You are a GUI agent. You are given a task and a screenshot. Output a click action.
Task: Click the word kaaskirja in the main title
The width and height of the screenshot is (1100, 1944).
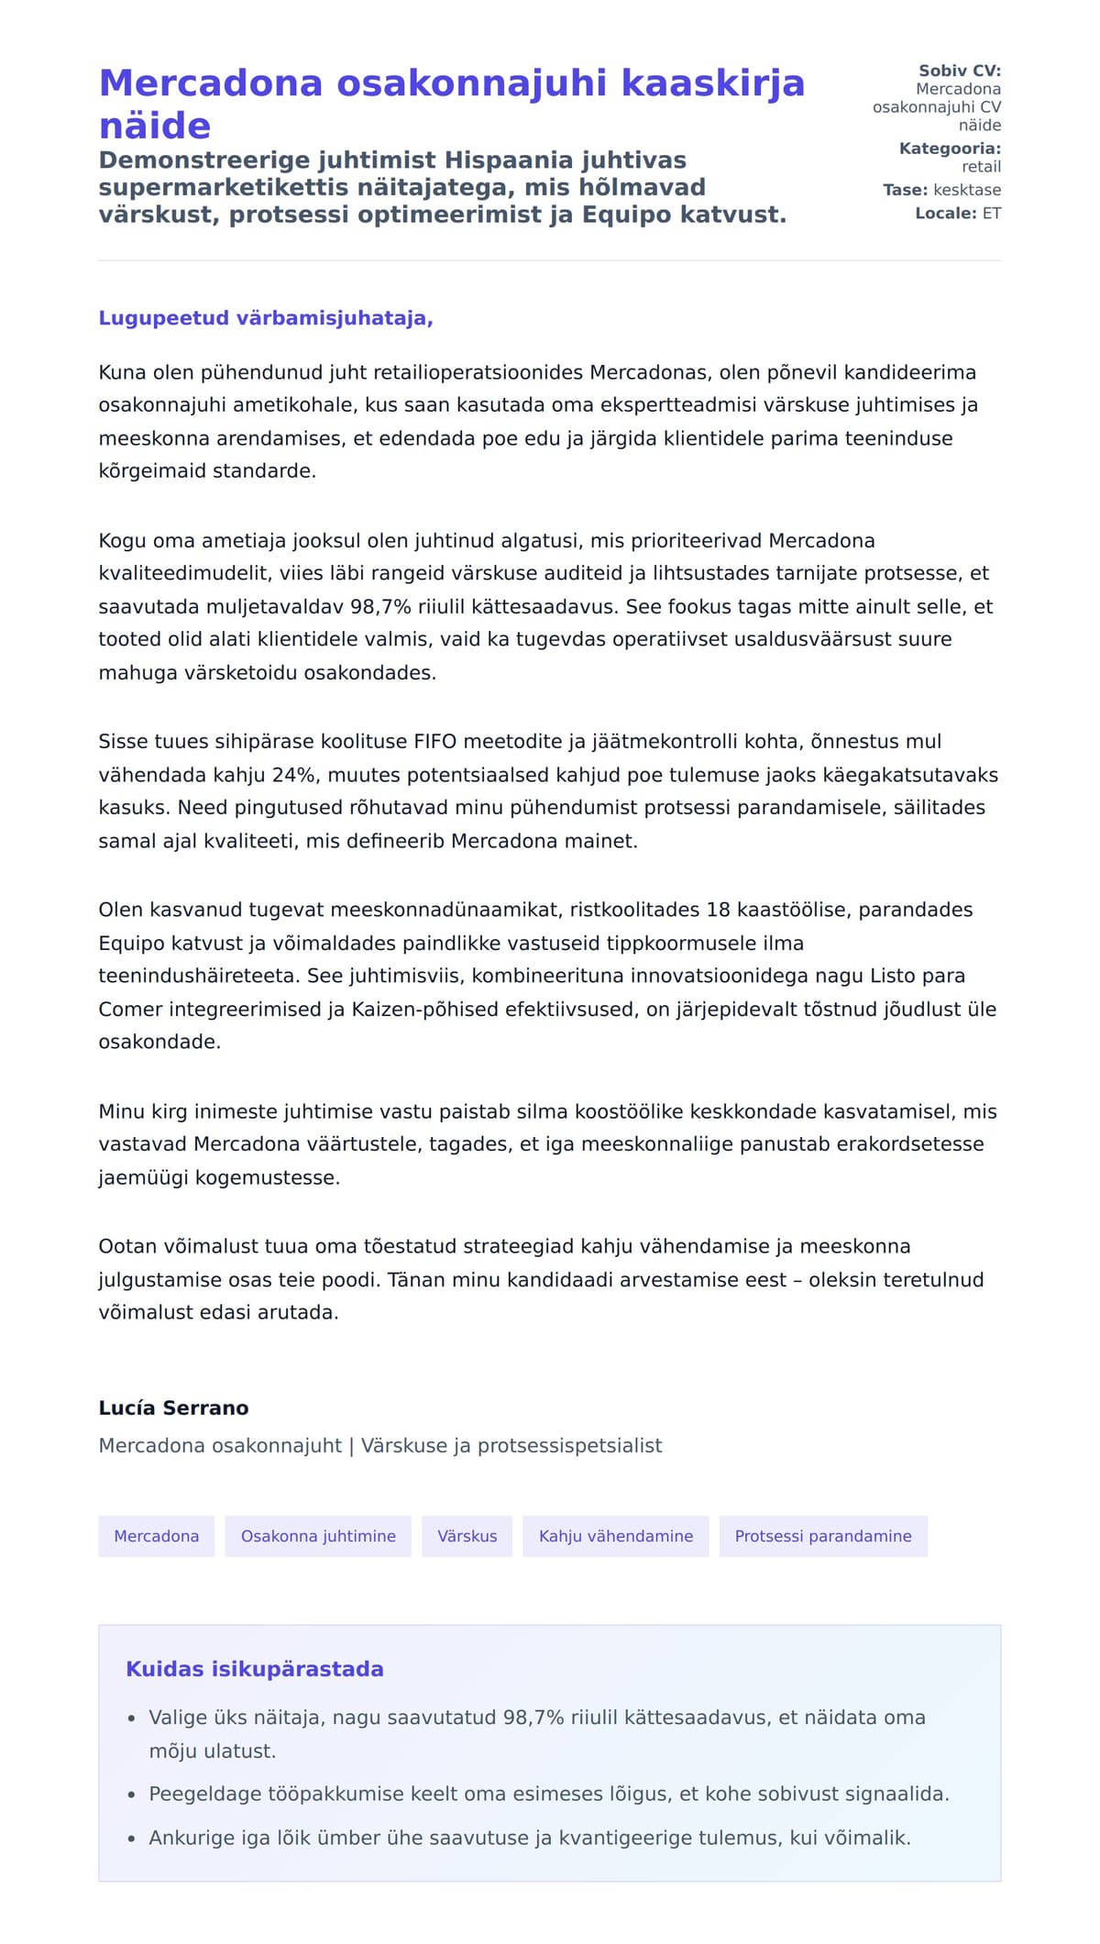[713, 83]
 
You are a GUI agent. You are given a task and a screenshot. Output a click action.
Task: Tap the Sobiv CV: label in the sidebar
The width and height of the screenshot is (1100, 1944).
[959, 71]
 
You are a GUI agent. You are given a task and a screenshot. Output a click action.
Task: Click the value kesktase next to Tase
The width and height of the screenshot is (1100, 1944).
[966, 190]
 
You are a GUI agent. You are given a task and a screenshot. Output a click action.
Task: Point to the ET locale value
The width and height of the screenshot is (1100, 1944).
[991, 214]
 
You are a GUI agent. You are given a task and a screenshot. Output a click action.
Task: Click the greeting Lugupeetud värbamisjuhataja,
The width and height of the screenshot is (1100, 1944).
[266, 318]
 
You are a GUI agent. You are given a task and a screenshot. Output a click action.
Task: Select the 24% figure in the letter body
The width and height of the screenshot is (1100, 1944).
[293, 775]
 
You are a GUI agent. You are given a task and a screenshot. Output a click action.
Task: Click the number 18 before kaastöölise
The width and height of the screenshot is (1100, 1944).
[718, 910]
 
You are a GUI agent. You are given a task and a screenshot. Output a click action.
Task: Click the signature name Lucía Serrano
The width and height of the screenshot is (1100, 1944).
[173, 1408]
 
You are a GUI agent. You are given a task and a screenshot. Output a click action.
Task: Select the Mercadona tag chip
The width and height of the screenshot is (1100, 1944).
[156, 1536]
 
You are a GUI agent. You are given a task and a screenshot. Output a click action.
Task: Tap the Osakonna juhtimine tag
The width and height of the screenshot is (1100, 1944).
[318, 1536]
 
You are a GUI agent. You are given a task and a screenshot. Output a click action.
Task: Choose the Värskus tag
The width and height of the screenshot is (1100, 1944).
[467, 1536]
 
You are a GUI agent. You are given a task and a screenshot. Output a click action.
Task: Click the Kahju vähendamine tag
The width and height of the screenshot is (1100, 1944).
[615, 1536]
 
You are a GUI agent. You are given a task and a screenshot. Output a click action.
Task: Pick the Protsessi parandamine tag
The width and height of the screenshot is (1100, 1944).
[822, 1536]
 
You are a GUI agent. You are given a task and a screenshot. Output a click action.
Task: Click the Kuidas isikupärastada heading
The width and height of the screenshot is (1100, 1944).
[254, 1669]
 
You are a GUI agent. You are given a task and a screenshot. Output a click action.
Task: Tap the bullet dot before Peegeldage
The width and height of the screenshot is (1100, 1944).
[132, 1795]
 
